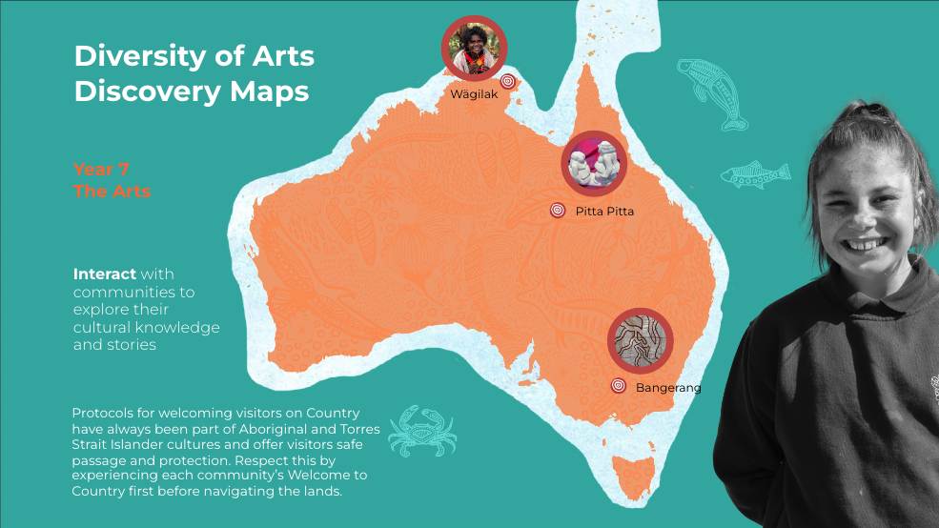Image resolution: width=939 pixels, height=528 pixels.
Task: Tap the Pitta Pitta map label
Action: (x=604, y=211)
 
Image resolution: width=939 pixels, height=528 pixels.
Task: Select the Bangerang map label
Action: (x=668, y=387)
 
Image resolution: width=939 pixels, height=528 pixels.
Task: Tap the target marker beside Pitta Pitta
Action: (x=558, y=211)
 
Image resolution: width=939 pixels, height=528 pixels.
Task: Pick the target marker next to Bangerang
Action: (x=618, y=386)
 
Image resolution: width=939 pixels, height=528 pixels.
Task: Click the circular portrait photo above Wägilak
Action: (x=474, y=49)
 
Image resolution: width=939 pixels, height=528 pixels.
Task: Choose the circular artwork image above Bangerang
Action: (x=641, y=340)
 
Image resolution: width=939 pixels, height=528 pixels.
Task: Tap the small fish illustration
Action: (x=755, y=174)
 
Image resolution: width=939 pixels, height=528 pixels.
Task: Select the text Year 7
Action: (x=101, y=170)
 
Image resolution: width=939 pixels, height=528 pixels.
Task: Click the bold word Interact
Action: (x=104, y=274)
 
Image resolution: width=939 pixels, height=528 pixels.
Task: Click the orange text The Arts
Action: (x=112, y=192)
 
